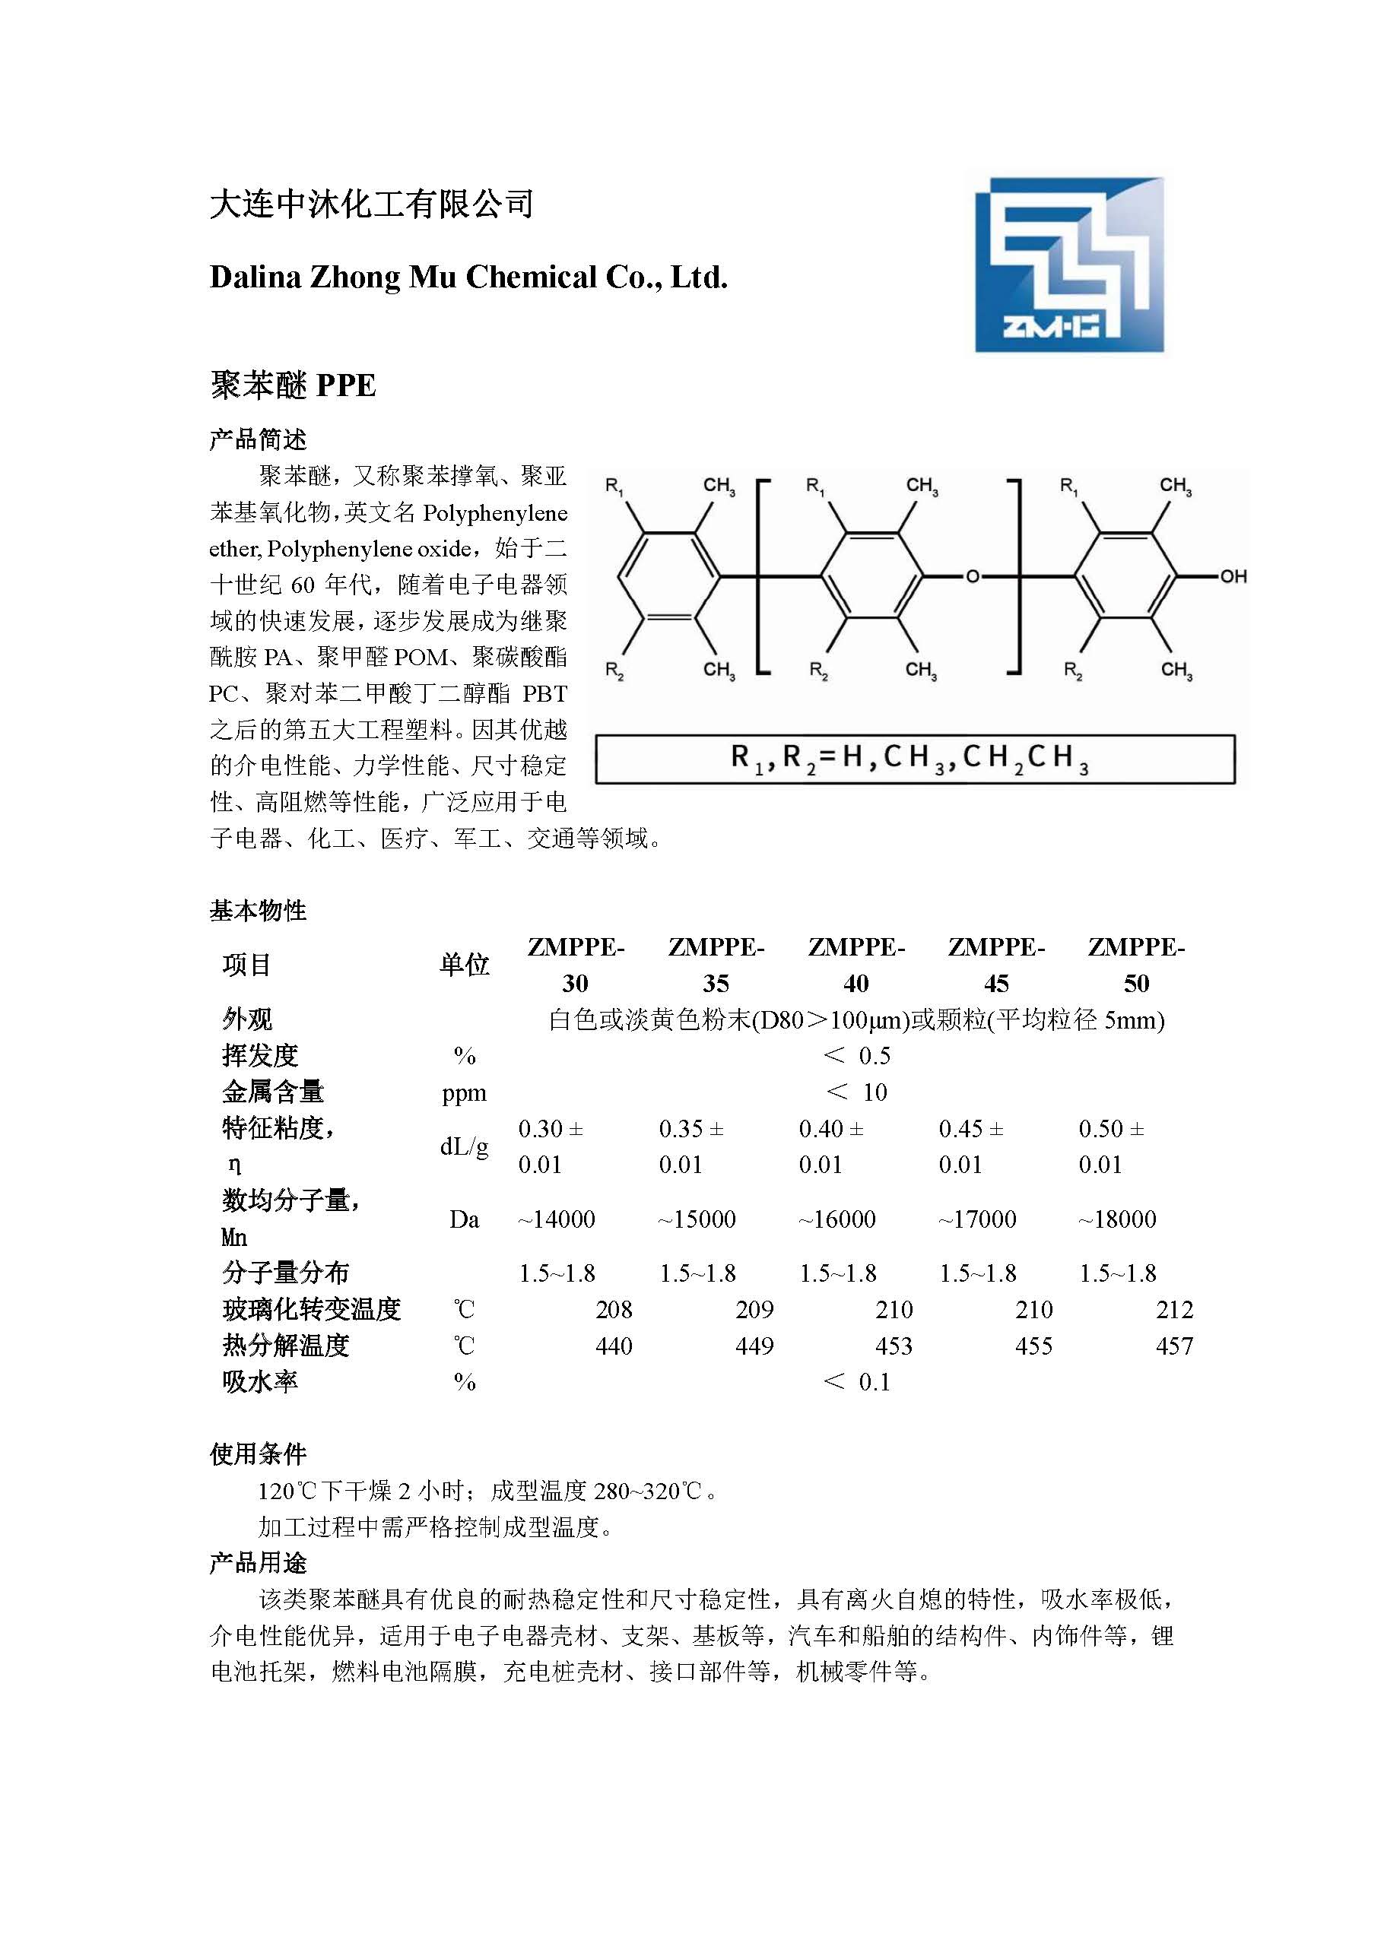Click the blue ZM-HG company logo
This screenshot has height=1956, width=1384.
tap(1068, 265)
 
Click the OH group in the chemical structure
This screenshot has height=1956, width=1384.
tap(1233, 577)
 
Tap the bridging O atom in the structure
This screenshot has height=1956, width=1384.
tap(972, 577)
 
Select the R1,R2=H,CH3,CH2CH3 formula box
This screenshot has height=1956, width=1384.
tap(914, 759)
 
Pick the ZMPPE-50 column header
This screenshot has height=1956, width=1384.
tap(1136, 965)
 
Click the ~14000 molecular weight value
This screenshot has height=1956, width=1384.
tap(557, 1219)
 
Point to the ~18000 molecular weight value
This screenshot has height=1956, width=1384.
tap(1117, 1219)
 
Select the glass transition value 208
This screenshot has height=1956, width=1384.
tap(614, 1309)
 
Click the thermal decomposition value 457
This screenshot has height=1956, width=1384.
tap(1173, 1346)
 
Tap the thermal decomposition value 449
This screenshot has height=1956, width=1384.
tap(754, 1346)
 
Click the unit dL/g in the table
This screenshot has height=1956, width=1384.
tap(465, 1146)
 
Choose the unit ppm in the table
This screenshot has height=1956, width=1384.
tap(465, 1093)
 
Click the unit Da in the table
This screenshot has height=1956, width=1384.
tap(465, 1219)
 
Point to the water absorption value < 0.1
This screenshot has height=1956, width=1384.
tap(857, 1382)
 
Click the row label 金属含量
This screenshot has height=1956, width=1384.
tap(273, 1092)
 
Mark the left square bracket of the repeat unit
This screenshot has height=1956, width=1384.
tap(760, 577)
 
